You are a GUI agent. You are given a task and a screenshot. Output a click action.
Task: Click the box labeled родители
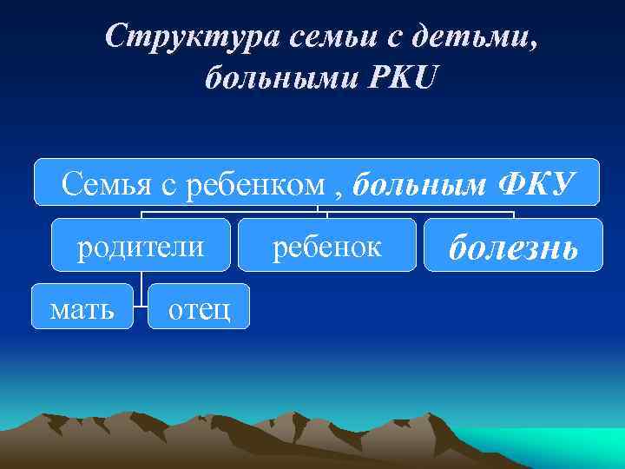[x=141, y=245]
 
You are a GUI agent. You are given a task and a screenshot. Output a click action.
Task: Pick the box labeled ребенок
[x=327, y=245]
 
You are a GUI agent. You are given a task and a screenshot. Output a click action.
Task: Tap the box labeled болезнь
[x=513, y=245]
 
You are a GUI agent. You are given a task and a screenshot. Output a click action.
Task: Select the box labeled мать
[x=82, y=306]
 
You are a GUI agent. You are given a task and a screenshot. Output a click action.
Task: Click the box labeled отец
[x=199, y=306]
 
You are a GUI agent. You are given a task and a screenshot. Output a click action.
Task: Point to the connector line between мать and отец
[x=141, y=306]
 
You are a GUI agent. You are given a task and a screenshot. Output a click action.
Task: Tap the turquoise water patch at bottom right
[x=556, y=443]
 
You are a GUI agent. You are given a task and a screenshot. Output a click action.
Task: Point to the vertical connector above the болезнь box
[x=514, y=214]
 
